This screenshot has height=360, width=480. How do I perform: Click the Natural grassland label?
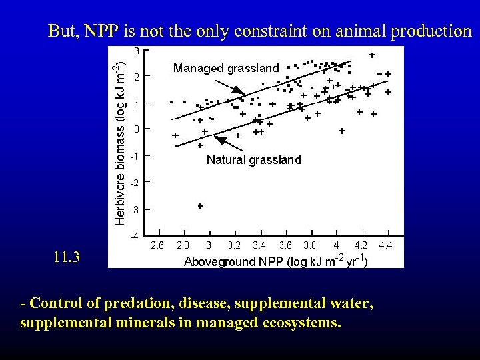253,160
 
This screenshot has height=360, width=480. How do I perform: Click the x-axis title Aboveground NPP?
274,261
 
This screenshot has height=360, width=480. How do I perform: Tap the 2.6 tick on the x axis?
157,245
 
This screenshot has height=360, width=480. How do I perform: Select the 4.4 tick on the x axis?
385,245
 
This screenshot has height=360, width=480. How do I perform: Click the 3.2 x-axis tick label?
234,245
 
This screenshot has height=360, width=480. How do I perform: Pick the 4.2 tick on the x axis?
361,245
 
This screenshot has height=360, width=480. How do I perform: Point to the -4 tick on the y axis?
134,237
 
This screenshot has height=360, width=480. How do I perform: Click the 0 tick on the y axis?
136,129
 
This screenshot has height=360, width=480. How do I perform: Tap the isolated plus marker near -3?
200,207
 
